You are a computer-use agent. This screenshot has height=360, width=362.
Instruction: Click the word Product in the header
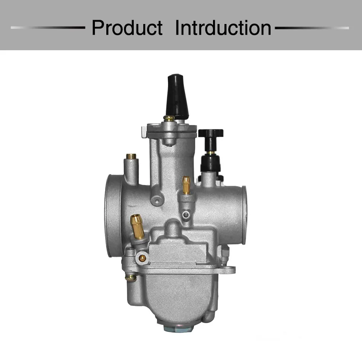[127, 28]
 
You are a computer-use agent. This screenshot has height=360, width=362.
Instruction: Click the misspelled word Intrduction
[223, 28]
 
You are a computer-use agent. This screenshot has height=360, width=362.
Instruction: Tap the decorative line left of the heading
[48, 27]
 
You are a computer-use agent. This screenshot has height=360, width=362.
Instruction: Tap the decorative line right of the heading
[312, 28]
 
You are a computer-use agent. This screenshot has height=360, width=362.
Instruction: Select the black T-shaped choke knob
[211, 139]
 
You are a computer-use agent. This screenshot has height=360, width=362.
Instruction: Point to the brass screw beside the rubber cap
[169, 118]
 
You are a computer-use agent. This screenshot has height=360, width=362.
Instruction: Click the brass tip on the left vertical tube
[131, 156]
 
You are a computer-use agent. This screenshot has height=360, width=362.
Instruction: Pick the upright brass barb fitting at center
[186, 185]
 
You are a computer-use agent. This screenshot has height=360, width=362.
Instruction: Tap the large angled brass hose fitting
[137, 226]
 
